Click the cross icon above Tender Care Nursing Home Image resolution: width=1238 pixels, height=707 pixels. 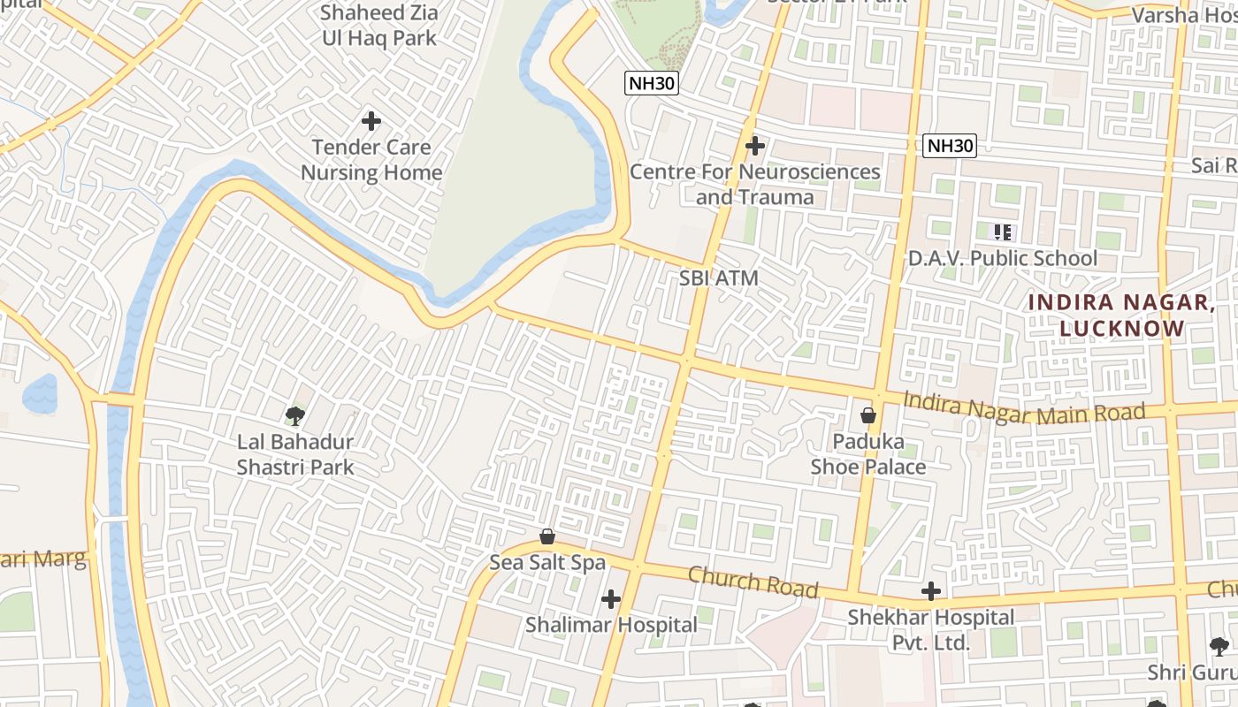[x=371, y=120]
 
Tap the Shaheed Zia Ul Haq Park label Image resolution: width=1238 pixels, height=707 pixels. [x=378, y=26]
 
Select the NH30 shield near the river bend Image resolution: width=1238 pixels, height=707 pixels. [x=652, y=83]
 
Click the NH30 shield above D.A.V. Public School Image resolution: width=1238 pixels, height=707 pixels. [x=950, y=146]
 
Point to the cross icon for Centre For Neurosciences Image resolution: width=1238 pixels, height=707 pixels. [x=754, y=145]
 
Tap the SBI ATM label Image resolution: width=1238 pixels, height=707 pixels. [x=719, y=277]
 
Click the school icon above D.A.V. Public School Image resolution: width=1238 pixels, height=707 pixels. [x=1002, y=232]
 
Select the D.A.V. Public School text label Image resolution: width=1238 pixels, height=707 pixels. [x=1003, y=258]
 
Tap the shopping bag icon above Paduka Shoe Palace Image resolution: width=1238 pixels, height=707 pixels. [x=868, y=414]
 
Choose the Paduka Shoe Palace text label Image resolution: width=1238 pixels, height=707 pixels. [x=868, y=453]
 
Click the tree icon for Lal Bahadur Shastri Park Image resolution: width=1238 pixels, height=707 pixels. [x=294, y=414]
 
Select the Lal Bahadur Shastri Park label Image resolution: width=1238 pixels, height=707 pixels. [x=294, y=454]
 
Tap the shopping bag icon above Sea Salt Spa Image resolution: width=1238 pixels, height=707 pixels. [x=547, y=536]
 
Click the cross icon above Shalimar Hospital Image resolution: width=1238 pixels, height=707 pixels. [x=610, y=599]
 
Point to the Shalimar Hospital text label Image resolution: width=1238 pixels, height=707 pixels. [x=611, y=625]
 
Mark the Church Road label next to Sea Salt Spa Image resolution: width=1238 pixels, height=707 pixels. [x=753, y=582]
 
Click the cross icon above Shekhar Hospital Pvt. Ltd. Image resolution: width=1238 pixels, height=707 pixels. [x=930, y=591]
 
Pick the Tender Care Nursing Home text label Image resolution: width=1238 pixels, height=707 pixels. [x=371, y=159]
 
